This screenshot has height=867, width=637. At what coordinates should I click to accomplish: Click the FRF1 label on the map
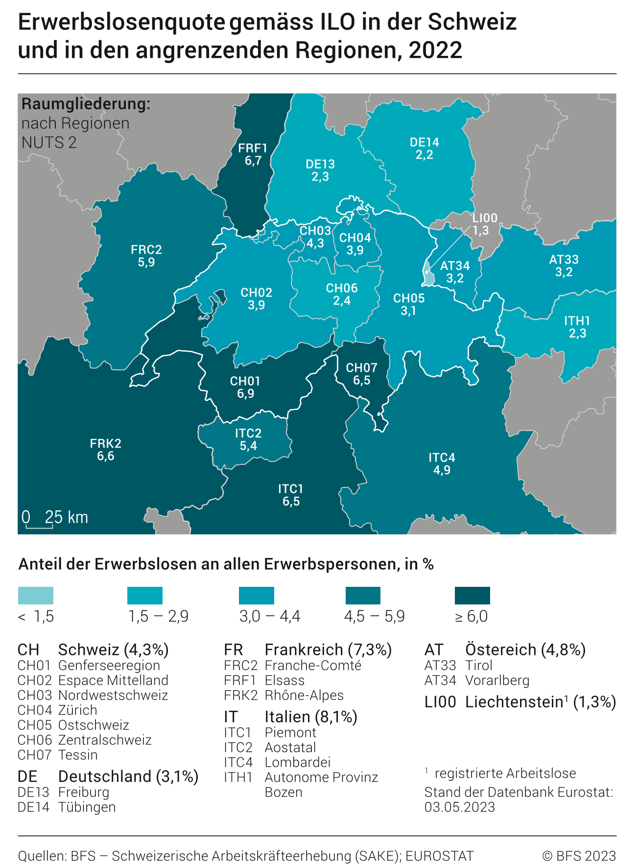point(253,148)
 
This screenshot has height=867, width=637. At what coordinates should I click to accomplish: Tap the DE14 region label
point(424,143)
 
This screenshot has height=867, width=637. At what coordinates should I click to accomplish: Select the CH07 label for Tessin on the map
point(361,368)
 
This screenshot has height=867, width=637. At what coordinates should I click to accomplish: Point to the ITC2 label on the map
point(248,433)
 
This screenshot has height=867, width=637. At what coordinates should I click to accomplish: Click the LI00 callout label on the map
point(484,218)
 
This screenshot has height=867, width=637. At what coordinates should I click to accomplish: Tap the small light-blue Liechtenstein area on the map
point(428,276)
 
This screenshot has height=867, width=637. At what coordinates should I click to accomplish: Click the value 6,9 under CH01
point(245,393)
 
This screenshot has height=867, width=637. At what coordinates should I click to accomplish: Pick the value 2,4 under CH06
point(342,301)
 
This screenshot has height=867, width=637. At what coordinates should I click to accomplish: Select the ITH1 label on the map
point(577,321)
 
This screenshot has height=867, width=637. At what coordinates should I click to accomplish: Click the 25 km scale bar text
point(66,518)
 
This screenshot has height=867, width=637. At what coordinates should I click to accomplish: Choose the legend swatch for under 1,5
point(36,595)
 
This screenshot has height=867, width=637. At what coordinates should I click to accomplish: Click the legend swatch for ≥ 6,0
point(472,595)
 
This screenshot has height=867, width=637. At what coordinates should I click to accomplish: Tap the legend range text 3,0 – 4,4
point(270,616)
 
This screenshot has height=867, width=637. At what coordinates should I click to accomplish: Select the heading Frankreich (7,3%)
point(328,650)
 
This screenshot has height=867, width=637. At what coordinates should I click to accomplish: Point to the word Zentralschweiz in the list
point(105,740)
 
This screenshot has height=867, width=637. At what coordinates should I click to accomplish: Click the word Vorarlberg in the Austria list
point(497,680)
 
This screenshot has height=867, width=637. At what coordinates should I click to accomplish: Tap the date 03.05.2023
point(459,807)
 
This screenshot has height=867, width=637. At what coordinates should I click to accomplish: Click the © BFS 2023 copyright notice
point(579,856)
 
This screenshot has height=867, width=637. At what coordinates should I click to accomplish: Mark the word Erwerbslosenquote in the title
point(121,23)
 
